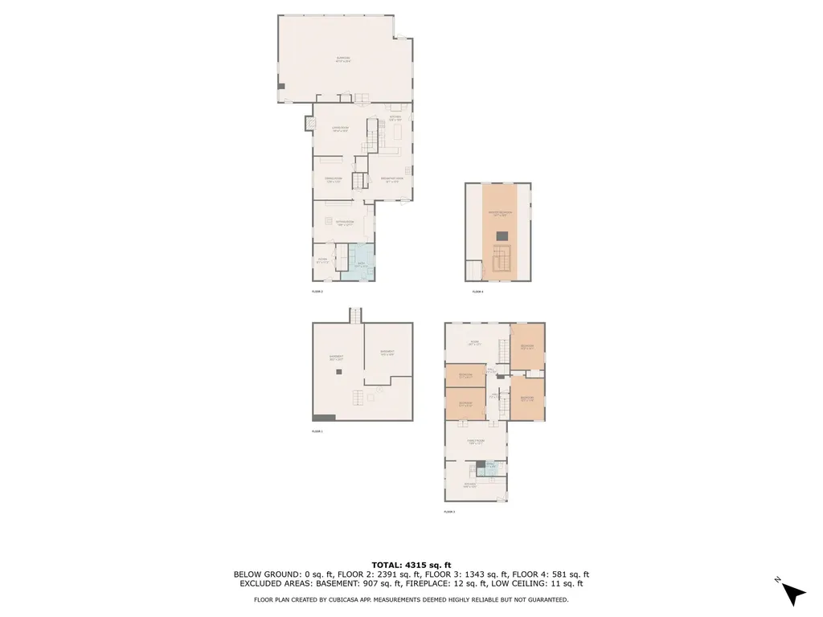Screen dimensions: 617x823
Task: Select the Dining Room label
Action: [x=334, y=179]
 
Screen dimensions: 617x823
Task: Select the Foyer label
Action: [x=322, y=259]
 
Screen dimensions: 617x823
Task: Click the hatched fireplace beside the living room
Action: [x=309, y=124]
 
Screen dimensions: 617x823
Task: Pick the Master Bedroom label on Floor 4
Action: [x=497, y=214]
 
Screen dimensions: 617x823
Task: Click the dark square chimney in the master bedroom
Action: [x=502, y=235]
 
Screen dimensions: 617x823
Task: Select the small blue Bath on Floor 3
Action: [x=491, y=465]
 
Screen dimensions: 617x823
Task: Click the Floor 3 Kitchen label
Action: [x=470, y=484]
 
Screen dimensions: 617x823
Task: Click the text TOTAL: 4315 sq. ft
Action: [x=411, y=564]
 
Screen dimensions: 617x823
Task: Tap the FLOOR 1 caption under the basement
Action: [x=317, y=431]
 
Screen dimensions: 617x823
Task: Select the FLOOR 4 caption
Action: [x=477, y=292]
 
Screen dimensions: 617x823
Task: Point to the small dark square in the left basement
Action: [x=339, y=372]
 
